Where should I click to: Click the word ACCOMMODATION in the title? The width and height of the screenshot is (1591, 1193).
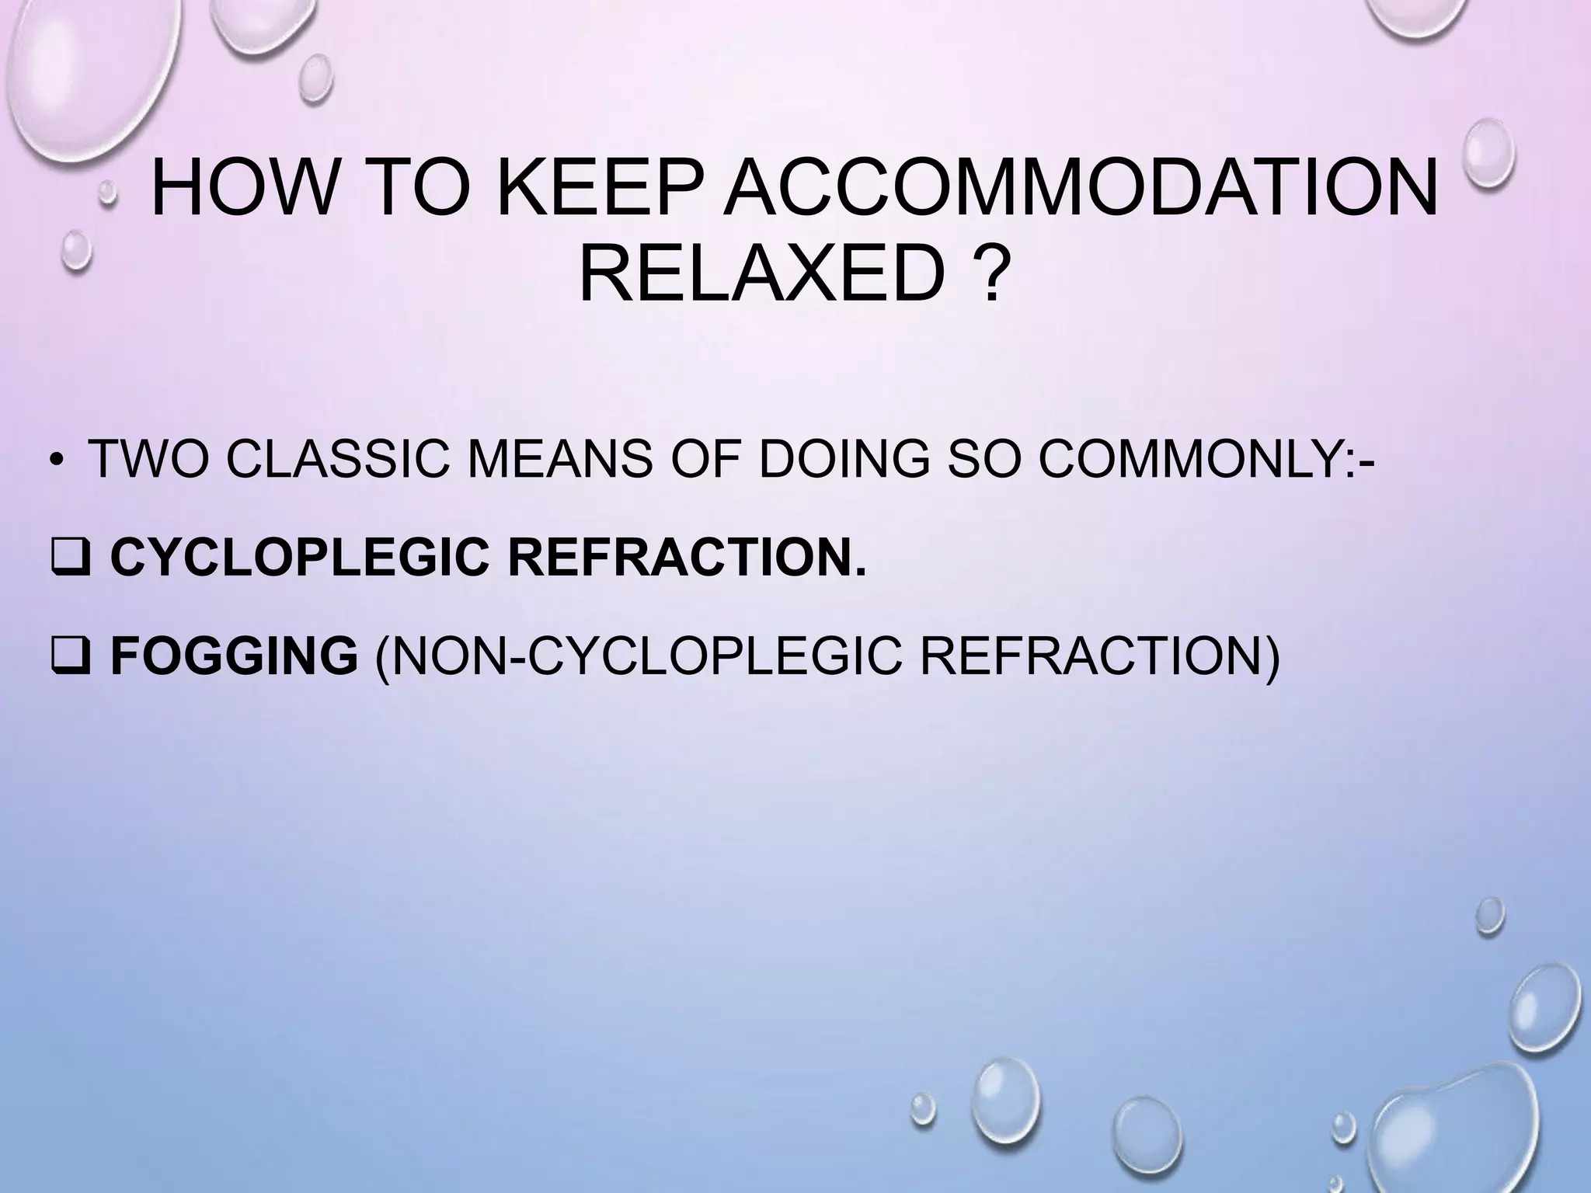point(1080,189)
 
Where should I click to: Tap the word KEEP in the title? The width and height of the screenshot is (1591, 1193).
point(601,189)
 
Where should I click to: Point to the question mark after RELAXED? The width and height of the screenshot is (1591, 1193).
point(985,274)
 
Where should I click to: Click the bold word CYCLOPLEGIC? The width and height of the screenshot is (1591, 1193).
point(299,557)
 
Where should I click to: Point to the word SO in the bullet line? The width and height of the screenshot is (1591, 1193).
point(983,459)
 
